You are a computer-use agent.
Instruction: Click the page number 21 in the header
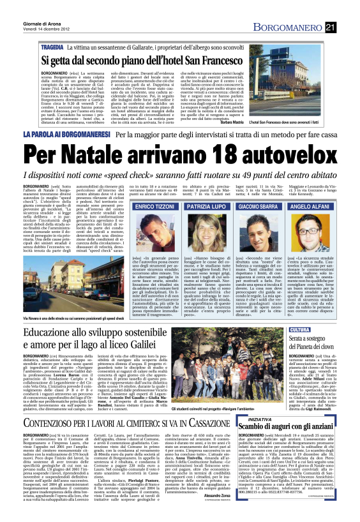(348, 26)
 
